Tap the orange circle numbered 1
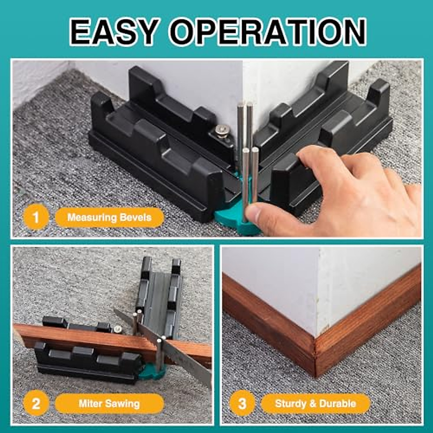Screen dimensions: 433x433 click(35, 218)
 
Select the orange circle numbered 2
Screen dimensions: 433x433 click(35, 403)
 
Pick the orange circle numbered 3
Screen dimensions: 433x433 click(242, 403)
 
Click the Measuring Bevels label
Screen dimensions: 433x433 click(109, 218)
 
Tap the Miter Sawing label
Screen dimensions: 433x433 click(109, 403)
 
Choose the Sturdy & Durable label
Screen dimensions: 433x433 click(315, 403)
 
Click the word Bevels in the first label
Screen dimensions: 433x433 click(136, 218)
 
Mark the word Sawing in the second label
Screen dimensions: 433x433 click(123, 403)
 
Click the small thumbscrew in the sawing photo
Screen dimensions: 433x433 click(117, 329)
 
